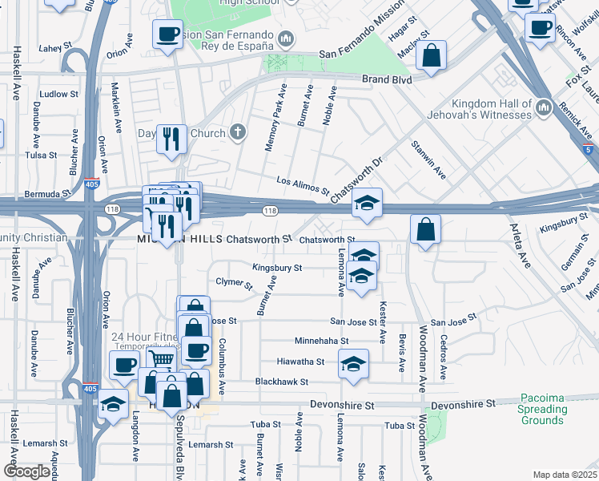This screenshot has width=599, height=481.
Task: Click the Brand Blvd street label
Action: click(x=388, y=80)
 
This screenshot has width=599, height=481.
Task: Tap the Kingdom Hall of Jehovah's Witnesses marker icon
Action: click(x=544, y=107)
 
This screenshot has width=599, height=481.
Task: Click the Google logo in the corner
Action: click(x=26, y=471)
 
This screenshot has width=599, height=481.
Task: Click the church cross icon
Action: click(x=238, y=132)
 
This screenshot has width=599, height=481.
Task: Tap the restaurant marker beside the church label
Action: click(x=171, y=139)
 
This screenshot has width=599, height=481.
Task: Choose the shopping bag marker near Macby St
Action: click(x=431, y=55)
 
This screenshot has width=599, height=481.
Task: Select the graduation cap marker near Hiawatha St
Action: click(x=353, y=363)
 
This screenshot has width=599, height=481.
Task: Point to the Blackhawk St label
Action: click(x=281, y=382)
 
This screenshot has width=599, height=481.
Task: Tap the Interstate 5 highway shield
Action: click(x=589, y=149)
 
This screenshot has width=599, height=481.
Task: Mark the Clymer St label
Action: click(x=235, y=283)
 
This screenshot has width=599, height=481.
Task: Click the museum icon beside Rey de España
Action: click(x=287, y=38)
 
